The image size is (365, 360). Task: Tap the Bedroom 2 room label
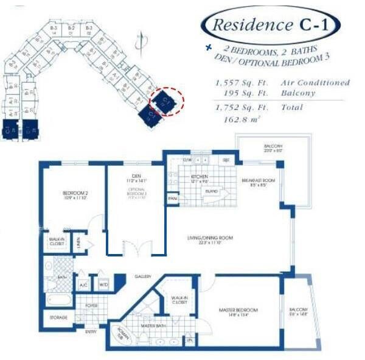[x=76, y=194]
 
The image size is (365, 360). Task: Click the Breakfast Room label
[x=259, y=180]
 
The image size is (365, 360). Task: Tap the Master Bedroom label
[x=238, y=311]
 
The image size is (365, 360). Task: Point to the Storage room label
[x=58, y=318]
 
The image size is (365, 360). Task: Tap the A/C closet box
[x=83, y=284]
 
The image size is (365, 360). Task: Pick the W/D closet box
[x=103, y=284]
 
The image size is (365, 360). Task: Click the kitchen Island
[x=212, y=191]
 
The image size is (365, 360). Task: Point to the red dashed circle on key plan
[x=165, y=101]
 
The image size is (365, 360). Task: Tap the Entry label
[x=91, y=332]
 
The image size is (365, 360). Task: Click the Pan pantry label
[x=173, y=199]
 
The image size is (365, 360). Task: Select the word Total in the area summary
[x=292, y=108]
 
